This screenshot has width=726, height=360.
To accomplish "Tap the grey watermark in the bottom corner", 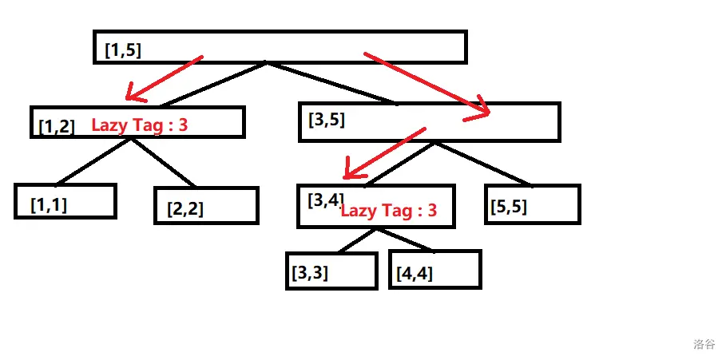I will pyautogui.click(x=704, y=344).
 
